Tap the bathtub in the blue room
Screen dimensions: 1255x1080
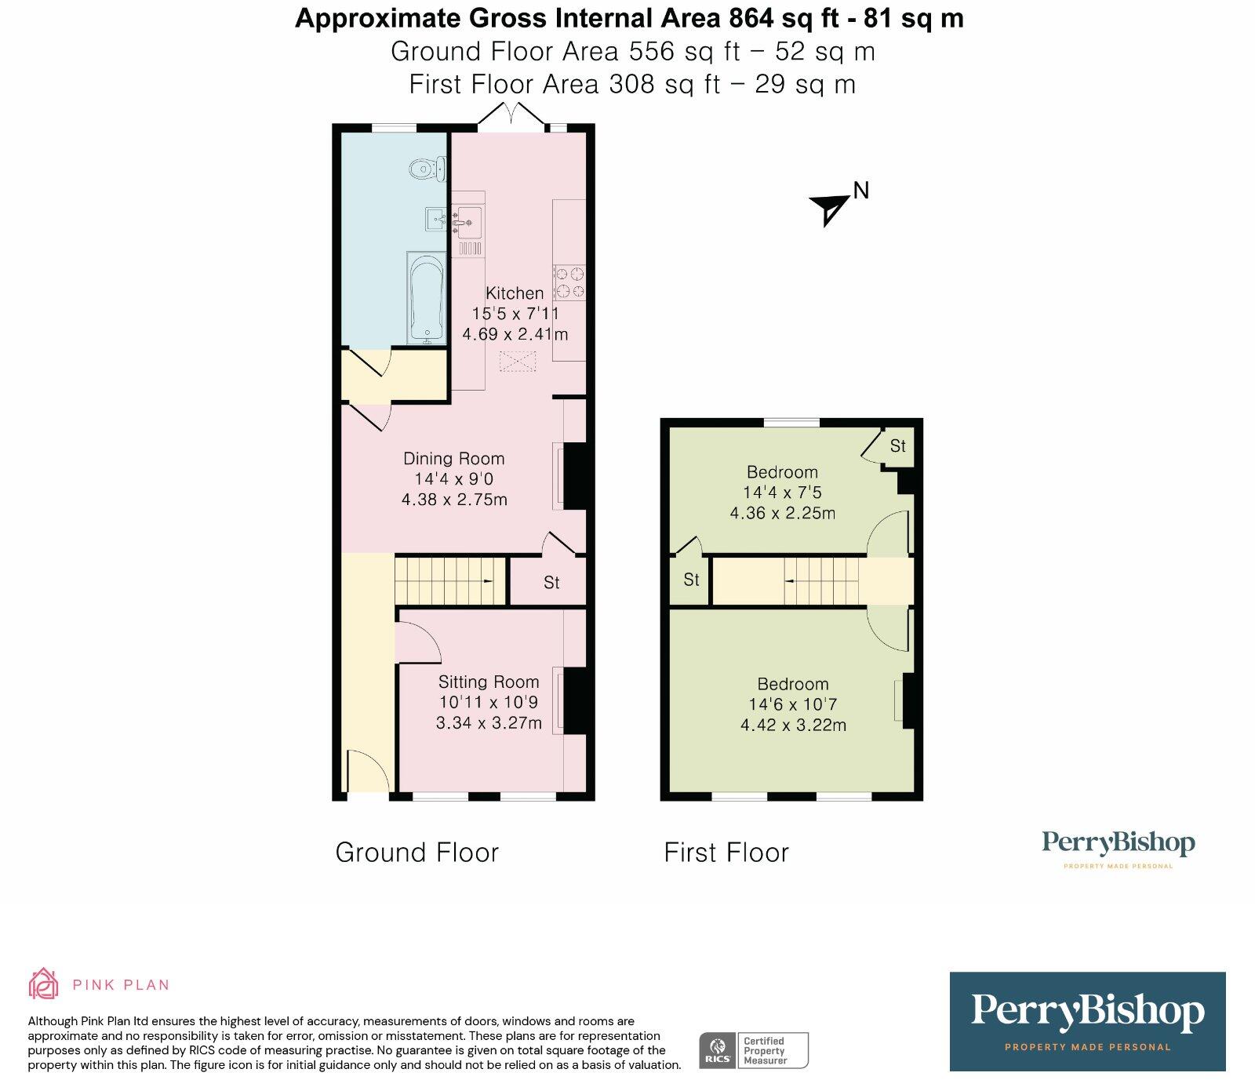[x=427, y=299]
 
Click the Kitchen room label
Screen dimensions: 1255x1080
[x=515, y=293]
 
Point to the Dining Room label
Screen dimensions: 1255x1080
[x=453, y=459]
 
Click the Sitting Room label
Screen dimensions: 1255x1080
[x=489, y=682]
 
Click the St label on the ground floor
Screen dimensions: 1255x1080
[x=551, y=583]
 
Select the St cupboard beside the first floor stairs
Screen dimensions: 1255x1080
[x=690, y=580]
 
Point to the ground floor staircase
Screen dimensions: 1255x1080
[x=449, y=580]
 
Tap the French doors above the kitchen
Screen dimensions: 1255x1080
[x=512, y=115]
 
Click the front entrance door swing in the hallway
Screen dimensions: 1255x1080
[x=367, y=773]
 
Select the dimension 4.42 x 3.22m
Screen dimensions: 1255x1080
[x=793, y=725]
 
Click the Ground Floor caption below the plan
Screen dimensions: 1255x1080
[x=417, y=853]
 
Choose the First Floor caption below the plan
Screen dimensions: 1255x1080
[x=726, y=853]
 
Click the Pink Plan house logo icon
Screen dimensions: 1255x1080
[x=44, y=984]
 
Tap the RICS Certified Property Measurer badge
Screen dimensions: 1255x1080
[x=754, y=1050]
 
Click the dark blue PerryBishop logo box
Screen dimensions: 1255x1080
[x=1087, y=1021]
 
